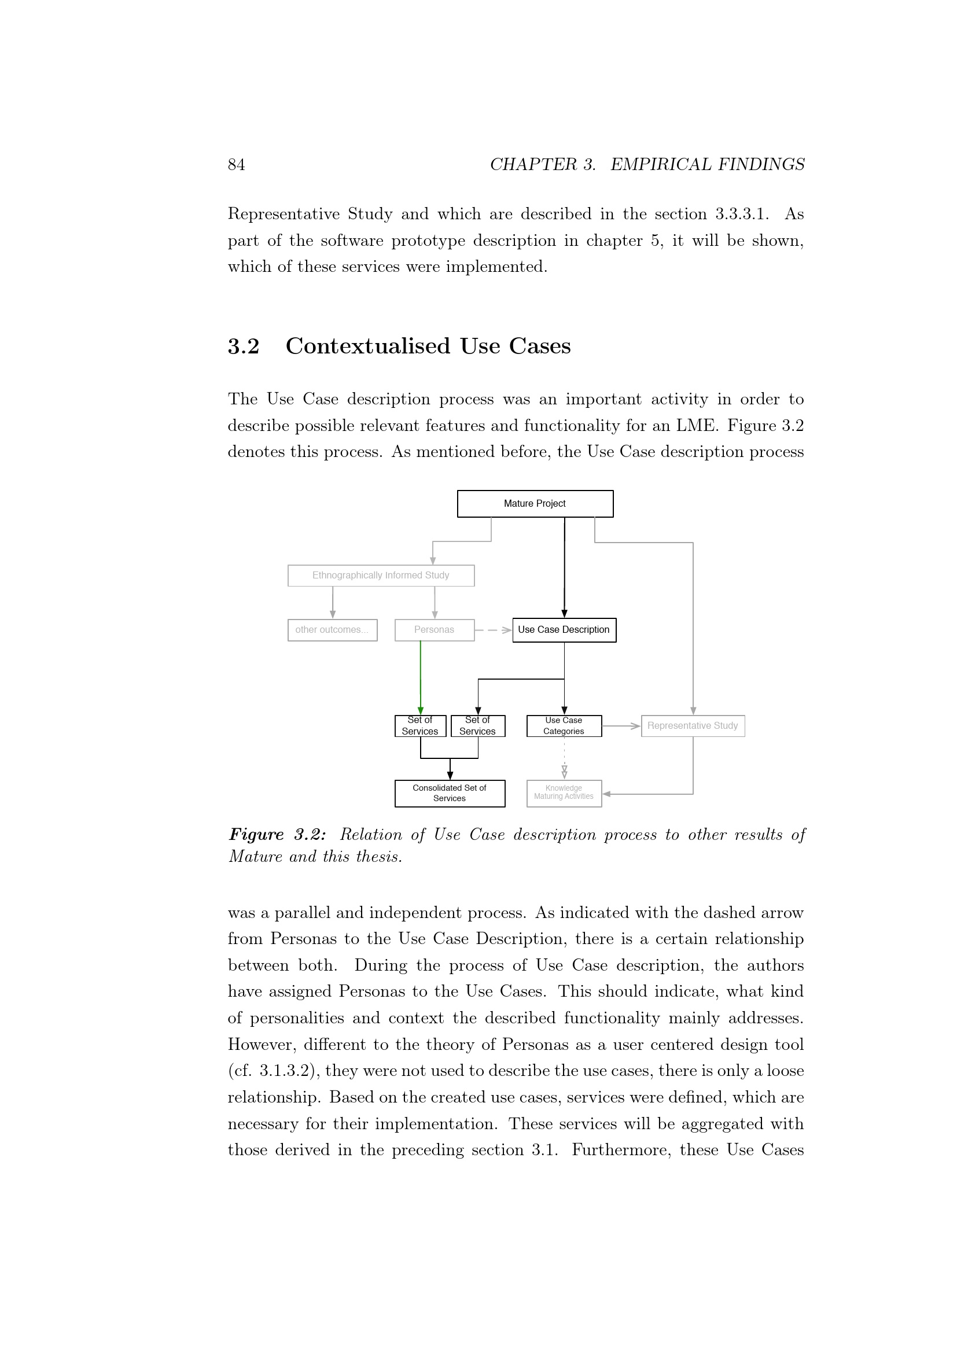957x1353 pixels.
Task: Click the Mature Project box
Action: click(x=535, y=504)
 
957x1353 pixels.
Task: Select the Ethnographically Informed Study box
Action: click(x=381, y=576)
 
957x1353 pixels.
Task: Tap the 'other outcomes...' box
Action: click(x=332, y=630)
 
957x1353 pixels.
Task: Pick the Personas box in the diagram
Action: click(x=435, y=630)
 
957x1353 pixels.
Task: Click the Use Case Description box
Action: click(x=564, y=630)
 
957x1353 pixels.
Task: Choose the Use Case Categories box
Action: click(x=564, y=726)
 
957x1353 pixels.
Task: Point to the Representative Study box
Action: click(x=693, y=726)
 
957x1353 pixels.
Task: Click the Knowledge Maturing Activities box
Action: click(x=564, y=793)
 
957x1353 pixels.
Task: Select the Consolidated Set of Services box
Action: click(x=450, y=793)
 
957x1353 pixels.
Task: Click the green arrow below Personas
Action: click(x=421, y=678)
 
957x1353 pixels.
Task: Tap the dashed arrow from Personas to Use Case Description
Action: click(x=492, y=631)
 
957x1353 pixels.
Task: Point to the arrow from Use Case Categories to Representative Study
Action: click(x=621, y=726)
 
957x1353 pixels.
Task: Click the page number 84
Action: click(x=236, y=165)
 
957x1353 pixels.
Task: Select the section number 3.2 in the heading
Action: click(x=244, y=346)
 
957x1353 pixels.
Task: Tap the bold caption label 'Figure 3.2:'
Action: click(x=277, y=835)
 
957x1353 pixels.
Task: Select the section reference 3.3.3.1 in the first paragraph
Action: click(x=741, y=214)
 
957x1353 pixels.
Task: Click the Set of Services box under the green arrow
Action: click(x=420, y=726)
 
